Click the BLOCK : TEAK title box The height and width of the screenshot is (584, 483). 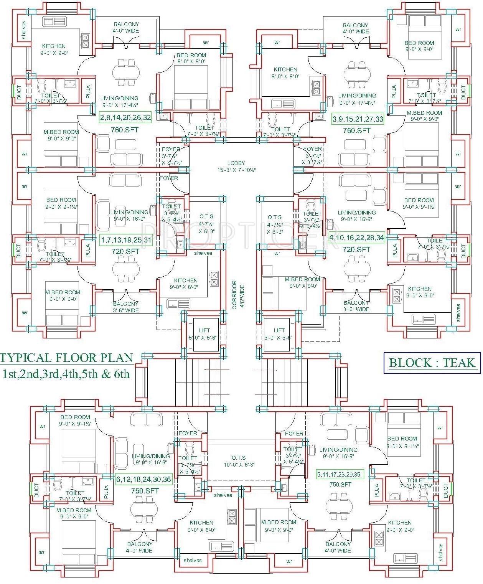click(x=432, y=363)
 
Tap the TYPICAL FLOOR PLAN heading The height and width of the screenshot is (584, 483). click(x=67, y=358)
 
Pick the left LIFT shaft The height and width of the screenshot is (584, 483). click(x=204, y=334)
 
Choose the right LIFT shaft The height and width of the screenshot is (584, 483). click(x=279, y=334)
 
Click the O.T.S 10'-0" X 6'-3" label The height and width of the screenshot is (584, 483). click(x=239, y=461)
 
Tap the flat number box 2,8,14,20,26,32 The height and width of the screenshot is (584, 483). click(x=125, y=118)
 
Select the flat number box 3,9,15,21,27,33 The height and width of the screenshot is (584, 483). click(x=358, y=119)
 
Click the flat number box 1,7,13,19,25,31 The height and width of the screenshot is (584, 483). click(x=126, y=241)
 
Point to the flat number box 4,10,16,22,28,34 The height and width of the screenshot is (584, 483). click(x=357, y=238)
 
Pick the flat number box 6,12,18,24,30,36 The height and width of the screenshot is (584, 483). click(x=143, y=479)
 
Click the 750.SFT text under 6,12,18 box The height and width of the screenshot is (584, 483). click(x=145, y=491)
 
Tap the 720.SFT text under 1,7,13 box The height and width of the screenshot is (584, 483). click(x=125, y=251)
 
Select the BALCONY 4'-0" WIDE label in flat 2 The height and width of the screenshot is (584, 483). click(x=126, y=27)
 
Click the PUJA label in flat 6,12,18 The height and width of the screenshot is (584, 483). click(x=106, y=492)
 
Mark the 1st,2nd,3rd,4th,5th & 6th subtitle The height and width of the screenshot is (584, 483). click(x=66, y=374)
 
